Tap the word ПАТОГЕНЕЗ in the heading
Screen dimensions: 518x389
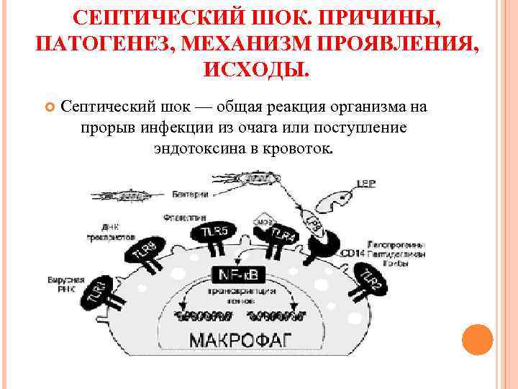[x=99, y=43]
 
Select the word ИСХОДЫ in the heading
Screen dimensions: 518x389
[x=257, y=70]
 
